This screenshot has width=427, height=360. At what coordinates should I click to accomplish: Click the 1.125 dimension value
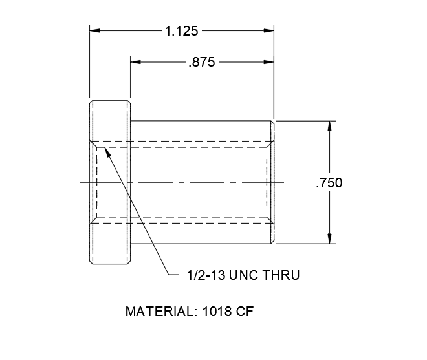coord(182,30)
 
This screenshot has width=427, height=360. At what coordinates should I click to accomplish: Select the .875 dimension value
coord(201,63)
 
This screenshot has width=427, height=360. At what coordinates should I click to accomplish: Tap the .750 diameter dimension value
coord(329,183)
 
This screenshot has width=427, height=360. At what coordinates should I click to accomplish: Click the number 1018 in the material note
coord(214,312)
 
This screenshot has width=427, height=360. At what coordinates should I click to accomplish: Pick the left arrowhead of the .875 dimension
coord(136,63)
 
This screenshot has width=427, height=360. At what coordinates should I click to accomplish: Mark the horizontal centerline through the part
coord(194,183)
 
